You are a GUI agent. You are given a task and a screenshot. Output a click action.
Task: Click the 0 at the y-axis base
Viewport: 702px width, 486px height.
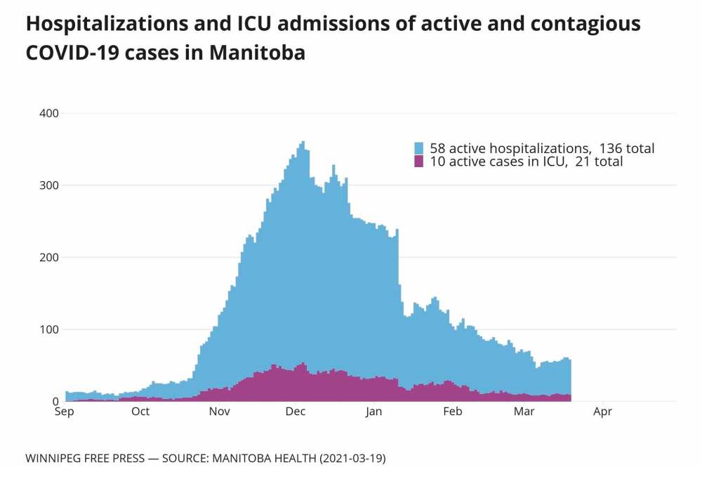55,402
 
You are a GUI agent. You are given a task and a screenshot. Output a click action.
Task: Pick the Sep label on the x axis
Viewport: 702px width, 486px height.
64,412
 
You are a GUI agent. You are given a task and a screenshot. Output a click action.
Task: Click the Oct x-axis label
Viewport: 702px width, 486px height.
140,412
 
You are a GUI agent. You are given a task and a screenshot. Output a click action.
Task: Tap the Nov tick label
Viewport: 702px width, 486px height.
220,412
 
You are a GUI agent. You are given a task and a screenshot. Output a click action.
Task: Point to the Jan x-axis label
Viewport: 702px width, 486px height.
374,412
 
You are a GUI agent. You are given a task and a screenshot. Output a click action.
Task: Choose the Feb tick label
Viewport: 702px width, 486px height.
453,412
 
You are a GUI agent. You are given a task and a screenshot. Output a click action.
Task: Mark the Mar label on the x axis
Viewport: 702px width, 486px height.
524,412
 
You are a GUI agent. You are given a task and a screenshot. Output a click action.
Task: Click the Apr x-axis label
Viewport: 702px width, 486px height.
602,412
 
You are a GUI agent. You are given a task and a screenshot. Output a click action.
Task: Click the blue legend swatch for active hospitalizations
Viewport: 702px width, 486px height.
419,148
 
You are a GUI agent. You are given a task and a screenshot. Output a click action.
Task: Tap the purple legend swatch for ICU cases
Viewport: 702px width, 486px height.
419,162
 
